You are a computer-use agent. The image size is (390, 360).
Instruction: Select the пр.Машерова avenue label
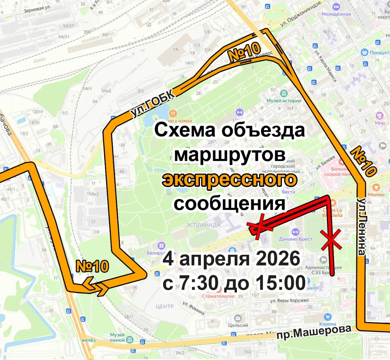(314, 332)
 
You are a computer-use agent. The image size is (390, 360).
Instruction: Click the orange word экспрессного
(230, 180)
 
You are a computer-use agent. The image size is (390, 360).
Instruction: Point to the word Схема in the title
(185, 130)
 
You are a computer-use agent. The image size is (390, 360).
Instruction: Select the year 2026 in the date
(278, 259)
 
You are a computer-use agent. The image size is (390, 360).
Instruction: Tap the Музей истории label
(284, 101)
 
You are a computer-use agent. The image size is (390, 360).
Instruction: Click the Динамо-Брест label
(295, 239)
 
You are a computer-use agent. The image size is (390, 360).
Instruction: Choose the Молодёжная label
(336, 14)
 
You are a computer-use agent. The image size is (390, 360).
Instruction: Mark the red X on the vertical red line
(331, 240)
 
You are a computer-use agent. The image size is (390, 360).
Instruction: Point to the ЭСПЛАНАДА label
(203, 225)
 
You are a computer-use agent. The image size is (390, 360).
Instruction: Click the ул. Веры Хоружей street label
(289, 300)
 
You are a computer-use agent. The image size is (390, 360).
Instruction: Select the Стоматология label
(218, 296)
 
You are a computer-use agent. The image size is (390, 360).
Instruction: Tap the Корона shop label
(327, 324)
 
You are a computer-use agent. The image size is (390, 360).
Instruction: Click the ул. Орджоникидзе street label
(300, 13)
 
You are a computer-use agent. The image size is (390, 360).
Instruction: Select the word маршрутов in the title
(230, 155)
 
